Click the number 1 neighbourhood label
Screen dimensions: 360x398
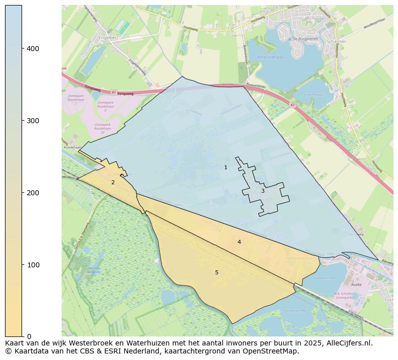226,167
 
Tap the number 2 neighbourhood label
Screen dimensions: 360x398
113,182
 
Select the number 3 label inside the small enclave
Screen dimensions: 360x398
262,191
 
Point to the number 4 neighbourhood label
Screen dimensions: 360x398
239,242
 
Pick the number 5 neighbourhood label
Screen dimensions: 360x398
217,272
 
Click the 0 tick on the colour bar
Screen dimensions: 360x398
29,336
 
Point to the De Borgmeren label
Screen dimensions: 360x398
306,39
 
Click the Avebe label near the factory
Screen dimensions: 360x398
356,284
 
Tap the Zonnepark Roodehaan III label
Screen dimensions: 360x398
102,127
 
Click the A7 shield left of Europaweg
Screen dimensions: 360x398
114,92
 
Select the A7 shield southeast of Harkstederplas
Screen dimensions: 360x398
292,105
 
